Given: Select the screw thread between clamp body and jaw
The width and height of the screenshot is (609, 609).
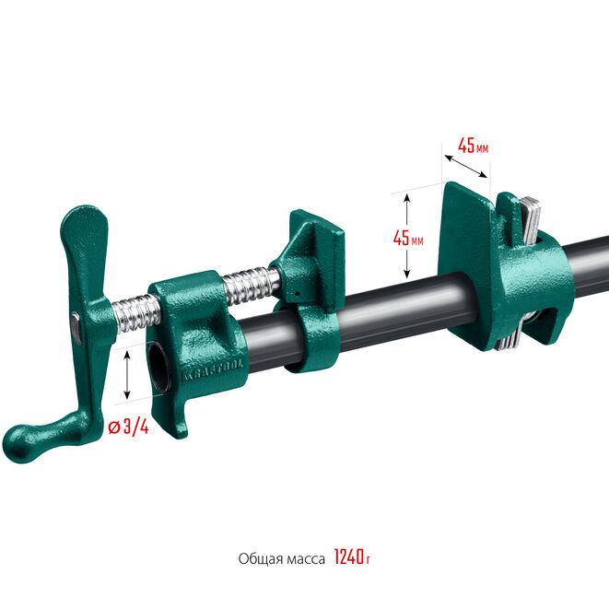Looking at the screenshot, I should [249, 280].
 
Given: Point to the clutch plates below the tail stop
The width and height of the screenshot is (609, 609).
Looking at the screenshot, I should [508, 338].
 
